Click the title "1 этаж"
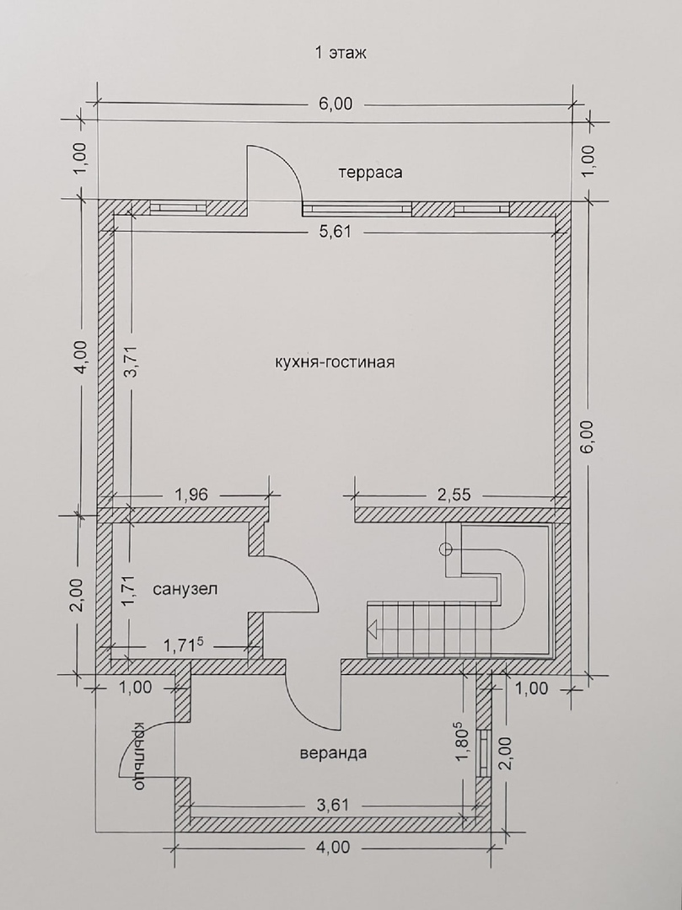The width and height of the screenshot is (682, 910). click(341, 53)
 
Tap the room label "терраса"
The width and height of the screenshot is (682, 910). click(370, 173)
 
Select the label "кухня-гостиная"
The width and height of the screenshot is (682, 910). click(335, 362)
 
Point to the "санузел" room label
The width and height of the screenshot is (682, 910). click(185, 589)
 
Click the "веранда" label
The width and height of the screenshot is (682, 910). click(333, 753)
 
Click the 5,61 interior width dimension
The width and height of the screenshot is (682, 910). click(336, 233)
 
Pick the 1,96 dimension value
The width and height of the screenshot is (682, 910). click(191, 495)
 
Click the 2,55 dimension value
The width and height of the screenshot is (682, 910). click(454, 495)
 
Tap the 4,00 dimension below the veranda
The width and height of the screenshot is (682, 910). click(334, 848)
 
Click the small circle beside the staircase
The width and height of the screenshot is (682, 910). click(446, 549)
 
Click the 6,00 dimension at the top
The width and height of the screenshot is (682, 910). click(335, 104)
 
